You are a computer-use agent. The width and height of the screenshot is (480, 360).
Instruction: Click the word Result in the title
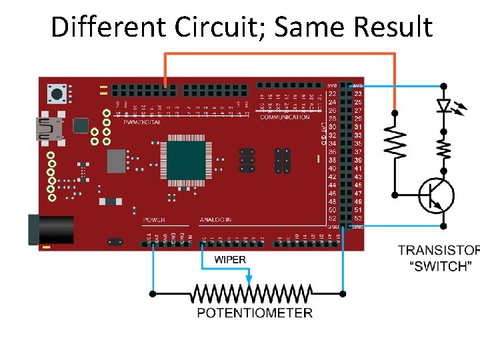tap(393, 27)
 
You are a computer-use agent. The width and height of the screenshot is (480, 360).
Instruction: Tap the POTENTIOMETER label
tap(255, 313)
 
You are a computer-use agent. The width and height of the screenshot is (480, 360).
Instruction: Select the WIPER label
tap(230, 259)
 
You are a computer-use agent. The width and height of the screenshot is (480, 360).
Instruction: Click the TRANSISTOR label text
tap(438, 251)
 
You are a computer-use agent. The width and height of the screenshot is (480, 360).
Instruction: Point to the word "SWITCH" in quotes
tap(441, 266)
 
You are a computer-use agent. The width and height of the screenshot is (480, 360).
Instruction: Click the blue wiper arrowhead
tap(249, 279)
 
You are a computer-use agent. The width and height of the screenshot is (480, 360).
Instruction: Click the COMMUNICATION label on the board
tap(285, 117)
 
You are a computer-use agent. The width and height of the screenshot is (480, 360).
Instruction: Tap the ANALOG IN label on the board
tap(215, 220)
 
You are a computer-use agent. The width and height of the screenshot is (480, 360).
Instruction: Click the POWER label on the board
tap(154, 220)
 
